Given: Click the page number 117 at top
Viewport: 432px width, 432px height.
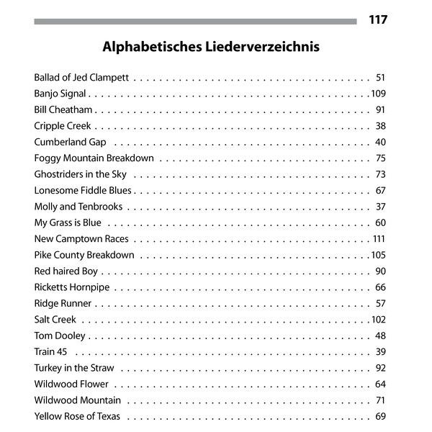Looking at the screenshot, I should pos(377,19).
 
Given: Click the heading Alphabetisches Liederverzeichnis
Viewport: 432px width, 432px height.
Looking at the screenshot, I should pos(211,48).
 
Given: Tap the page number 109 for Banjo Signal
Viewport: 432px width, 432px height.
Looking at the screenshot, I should pos(379,94).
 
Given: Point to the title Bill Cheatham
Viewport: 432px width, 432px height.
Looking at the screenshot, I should pos(63,109).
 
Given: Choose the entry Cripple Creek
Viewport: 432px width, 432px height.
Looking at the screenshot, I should pos(62,126).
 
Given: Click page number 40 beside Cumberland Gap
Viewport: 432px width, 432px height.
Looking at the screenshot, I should pos(380,142).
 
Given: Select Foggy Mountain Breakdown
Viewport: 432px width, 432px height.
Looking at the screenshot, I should pos(94,158).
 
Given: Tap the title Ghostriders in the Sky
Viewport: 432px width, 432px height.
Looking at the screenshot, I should pos(80,174).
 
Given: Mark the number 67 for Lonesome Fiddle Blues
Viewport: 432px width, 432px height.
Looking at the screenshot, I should pos(380,190).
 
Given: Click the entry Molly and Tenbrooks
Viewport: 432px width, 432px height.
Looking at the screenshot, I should pos(78,207).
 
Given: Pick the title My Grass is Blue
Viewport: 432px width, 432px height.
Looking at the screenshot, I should pos(68,222).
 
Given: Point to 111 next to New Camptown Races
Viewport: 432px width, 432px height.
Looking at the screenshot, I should pos(379,239).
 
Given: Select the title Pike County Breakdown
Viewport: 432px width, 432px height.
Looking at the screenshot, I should pos(84,255).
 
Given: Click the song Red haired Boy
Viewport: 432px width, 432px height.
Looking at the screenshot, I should pos(66,271).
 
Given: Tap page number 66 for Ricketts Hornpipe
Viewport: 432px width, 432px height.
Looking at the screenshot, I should pos(380,287).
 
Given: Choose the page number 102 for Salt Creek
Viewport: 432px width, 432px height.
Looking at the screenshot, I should pos(379,320).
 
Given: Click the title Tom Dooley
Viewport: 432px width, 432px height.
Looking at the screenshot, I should pos(60,336).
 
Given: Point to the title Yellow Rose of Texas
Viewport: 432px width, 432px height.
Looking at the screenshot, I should pos(77,416).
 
